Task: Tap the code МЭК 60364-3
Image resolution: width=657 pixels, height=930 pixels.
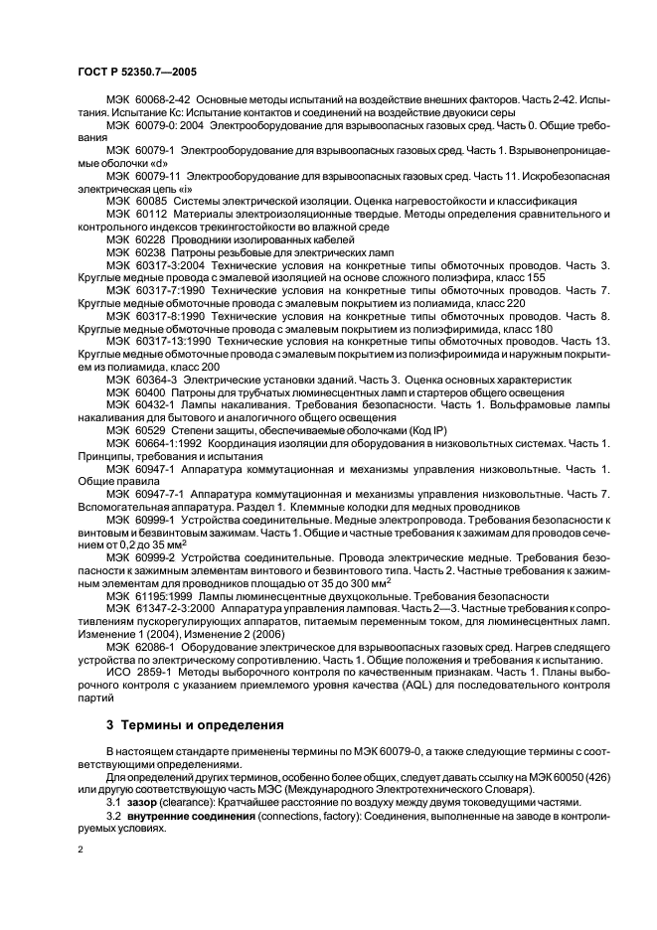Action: (142, 380)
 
